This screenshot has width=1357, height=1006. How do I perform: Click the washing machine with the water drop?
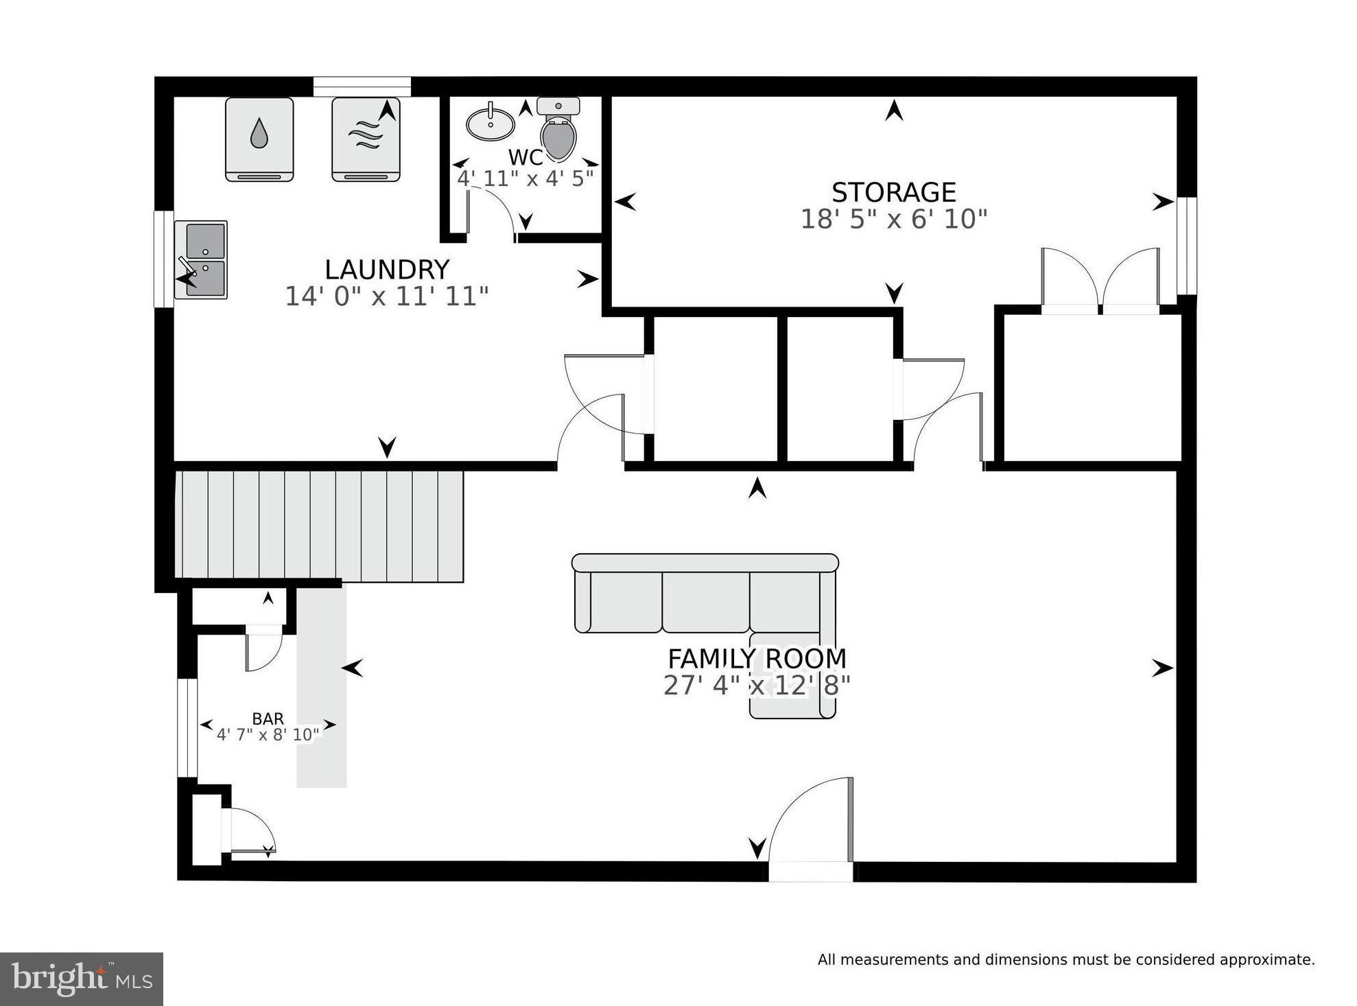coord(259,139)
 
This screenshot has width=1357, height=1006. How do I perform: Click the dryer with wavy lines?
coord(366,139)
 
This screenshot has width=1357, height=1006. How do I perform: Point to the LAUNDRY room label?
coord(387,270)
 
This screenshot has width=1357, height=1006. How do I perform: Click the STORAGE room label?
coord(893,192)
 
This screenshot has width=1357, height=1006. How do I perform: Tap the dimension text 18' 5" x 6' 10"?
coord(893,220)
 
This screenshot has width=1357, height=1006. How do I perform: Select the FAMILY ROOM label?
coord(757,659)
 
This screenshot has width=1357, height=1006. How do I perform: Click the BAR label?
coord(268,718)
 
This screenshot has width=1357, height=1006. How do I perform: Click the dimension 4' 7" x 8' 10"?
coord(268,735)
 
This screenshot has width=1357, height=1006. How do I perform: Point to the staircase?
coord(319,526)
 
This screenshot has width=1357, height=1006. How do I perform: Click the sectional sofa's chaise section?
coord(792,679)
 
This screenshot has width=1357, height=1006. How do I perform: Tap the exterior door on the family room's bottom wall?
coord(811,834)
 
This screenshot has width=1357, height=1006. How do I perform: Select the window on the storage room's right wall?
coord(1187,246)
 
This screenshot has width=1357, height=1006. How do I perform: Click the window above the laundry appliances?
coord(362,86)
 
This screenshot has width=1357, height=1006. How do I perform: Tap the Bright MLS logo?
coord(81,979)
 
